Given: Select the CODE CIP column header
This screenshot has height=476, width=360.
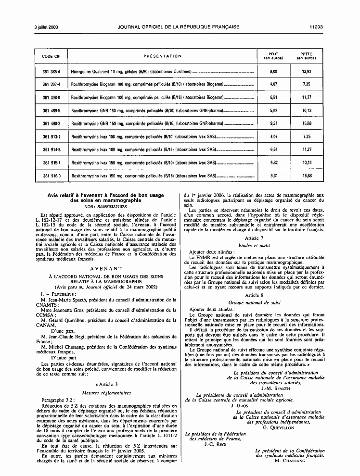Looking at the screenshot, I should tap(51, 56).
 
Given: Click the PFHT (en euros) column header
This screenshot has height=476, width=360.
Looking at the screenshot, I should tap(274, 56).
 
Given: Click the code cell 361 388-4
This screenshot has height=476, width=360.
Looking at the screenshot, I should tap(51, 71).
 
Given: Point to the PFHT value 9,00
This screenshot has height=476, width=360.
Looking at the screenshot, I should tap(274, 71).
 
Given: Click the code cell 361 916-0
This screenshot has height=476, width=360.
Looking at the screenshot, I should tap(51, 176).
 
